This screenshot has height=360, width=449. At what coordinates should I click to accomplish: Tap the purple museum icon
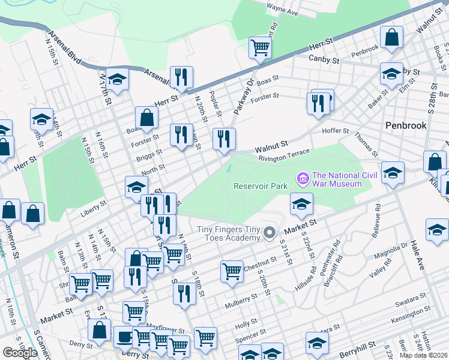click(302, 178)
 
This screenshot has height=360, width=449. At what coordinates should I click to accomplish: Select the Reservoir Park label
click(261, 186)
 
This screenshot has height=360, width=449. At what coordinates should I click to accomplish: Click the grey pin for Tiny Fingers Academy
click(270, 232)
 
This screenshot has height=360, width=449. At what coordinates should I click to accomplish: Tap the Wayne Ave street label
click(282, 11)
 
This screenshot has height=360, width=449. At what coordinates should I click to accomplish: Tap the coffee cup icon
click(125, 337)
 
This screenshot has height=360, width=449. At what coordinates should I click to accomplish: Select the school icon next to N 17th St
click(118, 79)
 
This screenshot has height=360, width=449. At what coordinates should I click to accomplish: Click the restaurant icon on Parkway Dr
click(224, 139)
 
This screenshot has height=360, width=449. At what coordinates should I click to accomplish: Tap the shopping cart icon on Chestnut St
click(232, 271)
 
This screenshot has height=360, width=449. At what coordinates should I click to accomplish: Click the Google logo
click(20, 353)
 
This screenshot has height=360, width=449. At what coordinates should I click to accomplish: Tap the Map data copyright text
click(423, 355)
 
